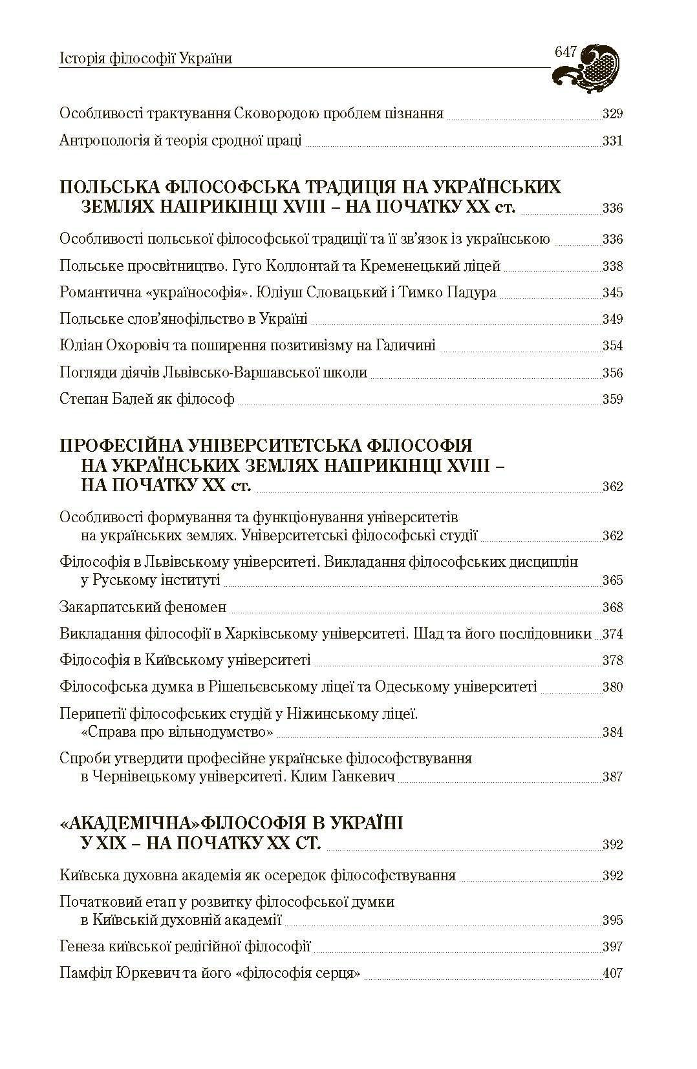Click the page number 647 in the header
tap(565, 52)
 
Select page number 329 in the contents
tap(612, 114)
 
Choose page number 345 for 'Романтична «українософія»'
tap(612, 293)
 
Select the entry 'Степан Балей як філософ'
tap(147, 399)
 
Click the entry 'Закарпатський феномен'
tap(143, 607)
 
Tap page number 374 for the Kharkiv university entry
tap(612, 634)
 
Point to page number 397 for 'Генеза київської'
tap(612, 947)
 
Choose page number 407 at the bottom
tap(612, 973)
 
